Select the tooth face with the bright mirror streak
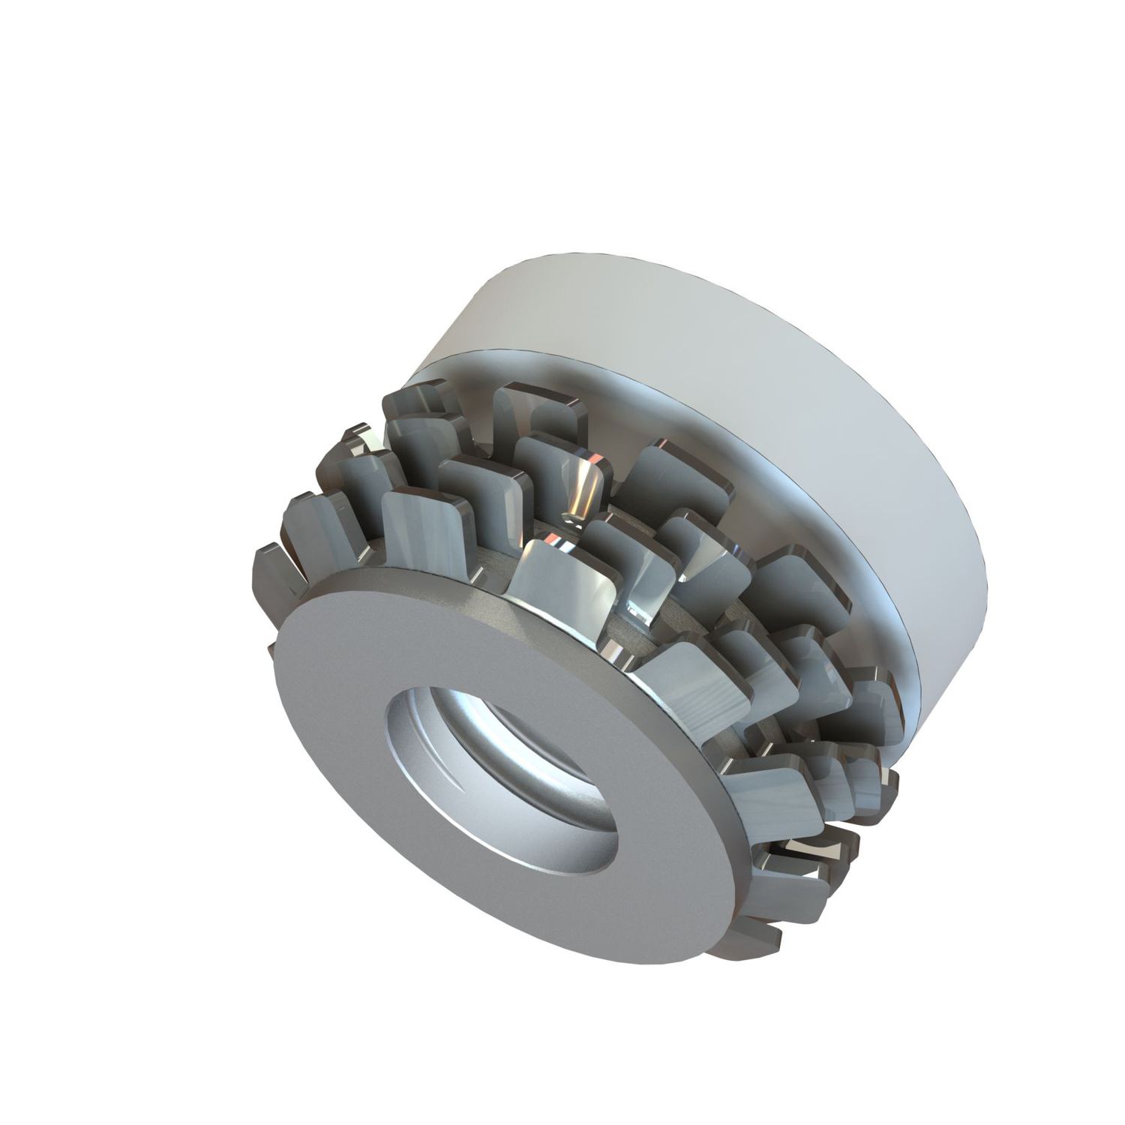tap(581, 487)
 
